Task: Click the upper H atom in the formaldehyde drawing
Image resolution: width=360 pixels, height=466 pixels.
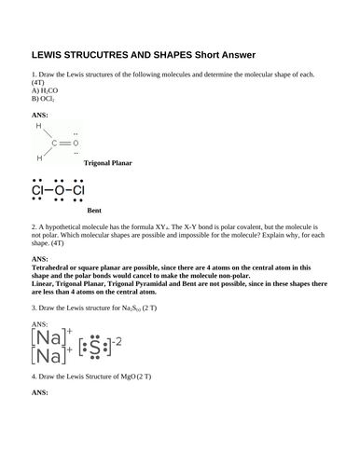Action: coord(38,124)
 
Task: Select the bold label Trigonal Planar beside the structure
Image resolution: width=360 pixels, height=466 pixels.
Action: coord(109,163)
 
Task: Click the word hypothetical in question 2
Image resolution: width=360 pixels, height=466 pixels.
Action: coord(76,226)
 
